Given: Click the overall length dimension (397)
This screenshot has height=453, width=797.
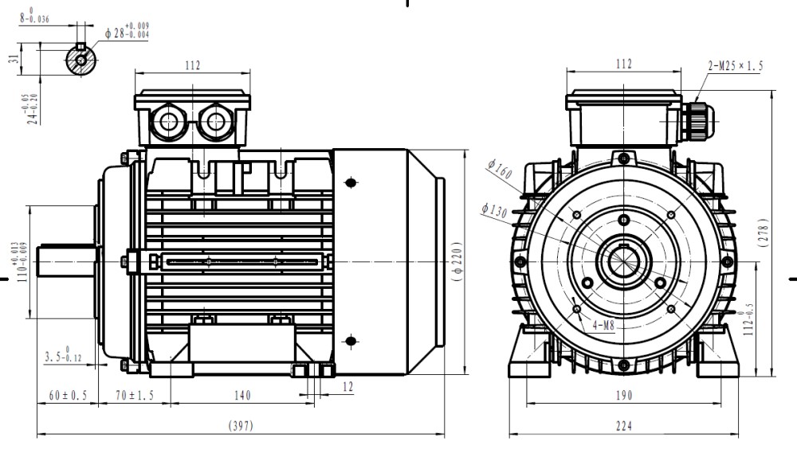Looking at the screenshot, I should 242,426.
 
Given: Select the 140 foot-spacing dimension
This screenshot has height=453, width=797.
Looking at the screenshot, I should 243,396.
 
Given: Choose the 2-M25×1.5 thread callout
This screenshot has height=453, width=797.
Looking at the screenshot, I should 735,66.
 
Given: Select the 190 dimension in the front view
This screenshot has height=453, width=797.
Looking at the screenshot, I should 623,396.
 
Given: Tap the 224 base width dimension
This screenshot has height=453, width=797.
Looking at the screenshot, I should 623,426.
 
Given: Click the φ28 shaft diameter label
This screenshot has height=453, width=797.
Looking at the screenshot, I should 127,32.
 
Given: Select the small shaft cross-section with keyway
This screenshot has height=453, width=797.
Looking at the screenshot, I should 81,59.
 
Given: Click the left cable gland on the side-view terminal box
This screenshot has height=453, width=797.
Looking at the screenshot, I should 170,122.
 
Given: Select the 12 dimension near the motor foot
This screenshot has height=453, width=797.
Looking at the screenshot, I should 346,386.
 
